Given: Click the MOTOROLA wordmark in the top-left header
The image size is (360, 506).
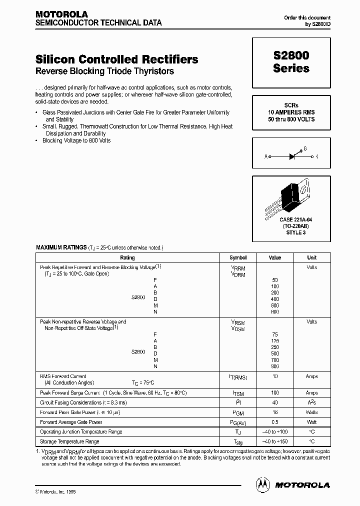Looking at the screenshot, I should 61,14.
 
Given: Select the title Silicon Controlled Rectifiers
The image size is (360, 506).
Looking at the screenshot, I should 117,59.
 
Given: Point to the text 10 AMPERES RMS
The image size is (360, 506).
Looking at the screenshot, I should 291,113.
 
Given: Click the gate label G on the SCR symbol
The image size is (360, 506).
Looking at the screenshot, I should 305,148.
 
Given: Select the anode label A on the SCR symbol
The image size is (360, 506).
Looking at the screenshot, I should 266,156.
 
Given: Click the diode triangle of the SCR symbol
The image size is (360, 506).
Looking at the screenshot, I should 292,156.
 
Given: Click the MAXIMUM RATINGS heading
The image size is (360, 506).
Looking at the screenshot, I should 61,247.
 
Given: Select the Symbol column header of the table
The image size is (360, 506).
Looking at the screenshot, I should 238,258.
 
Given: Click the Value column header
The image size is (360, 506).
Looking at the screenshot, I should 275,258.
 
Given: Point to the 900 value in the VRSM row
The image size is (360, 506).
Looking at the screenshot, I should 275,366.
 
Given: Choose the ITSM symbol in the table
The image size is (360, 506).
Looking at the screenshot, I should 238,393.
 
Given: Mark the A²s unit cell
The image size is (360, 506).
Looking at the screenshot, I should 311,402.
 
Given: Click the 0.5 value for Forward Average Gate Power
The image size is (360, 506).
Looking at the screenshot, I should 275,422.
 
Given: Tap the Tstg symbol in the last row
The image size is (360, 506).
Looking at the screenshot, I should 238,441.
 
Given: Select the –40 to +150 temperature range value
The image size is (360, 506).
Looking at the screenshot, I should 275,441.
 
